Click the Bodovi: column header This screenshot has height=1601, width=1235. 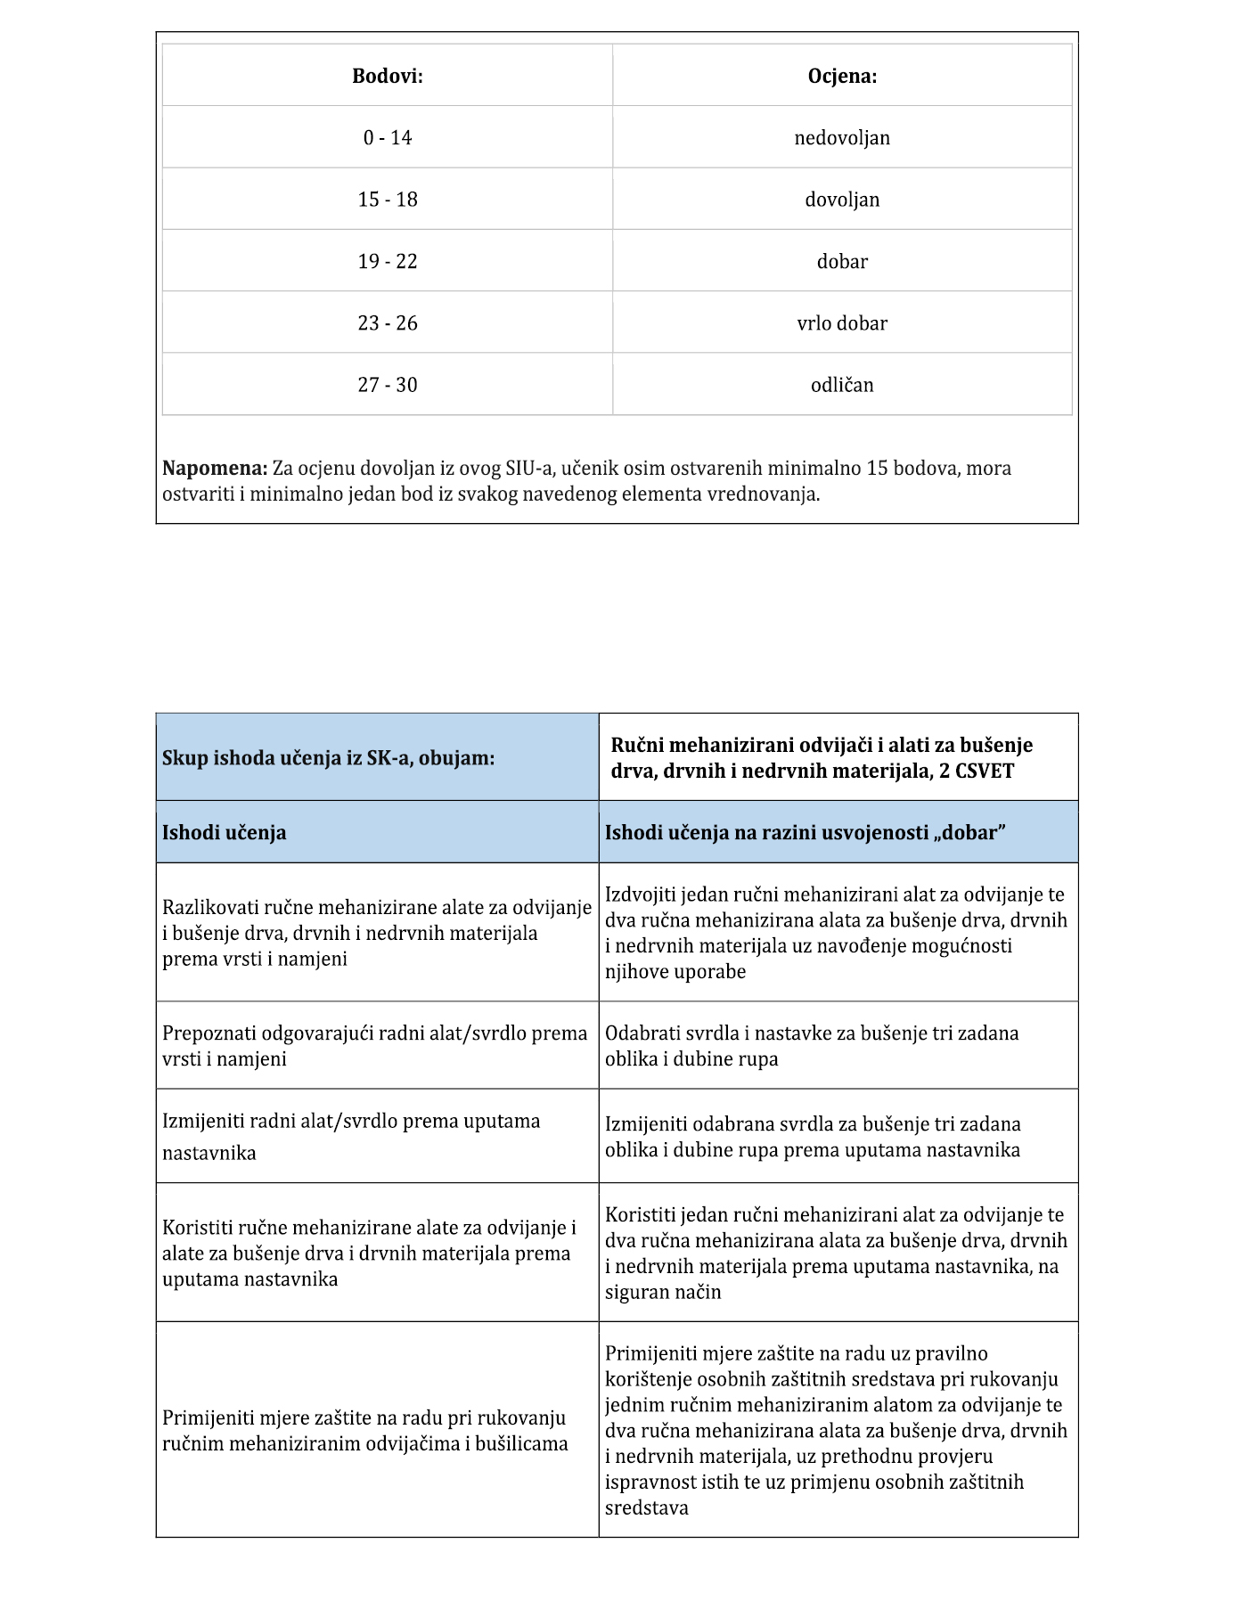click(x=388, y=76)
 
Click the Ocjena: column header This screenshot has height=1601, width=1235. click(x=842, y=76)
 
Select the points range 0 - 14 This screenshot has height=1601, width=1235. click(x=388, y=138)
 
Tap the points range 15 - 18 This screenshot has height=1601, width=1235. click(x=388, y=200)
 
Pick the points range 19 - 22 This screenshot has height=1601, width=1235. click(x=388, y=262)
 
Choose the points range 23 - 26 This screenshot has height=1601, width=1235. click(x=388, y=323)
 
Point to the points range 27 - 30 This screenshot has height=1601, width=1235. click(x=388, y=385)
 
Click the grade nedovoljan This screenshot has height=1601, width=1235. click(x=842, y=138)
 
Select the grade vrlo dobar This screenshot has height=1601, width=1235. click(x=842, y=323)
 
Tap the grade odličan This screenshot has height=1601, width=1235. click(x=842, y=385)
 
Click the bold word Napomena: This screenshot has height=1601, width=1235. click(x=215, y=469)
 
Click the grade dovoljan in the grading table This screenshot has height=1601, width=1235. click(x=842, y=200)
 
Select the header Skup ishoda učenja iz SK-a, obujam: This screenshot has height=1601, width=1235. click(x=328, y=758)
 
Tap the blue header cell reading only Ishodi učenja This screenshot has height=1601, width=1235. click(x=225, y=833)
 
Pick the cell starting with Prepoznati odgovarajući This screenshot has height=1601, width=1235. click(x=375, y=1046)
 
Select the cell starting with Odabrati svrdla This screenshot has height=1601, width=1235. click(x=811, y=1046)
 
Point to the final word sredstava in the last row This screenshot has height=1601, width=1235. click(x=647, y=1508)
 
